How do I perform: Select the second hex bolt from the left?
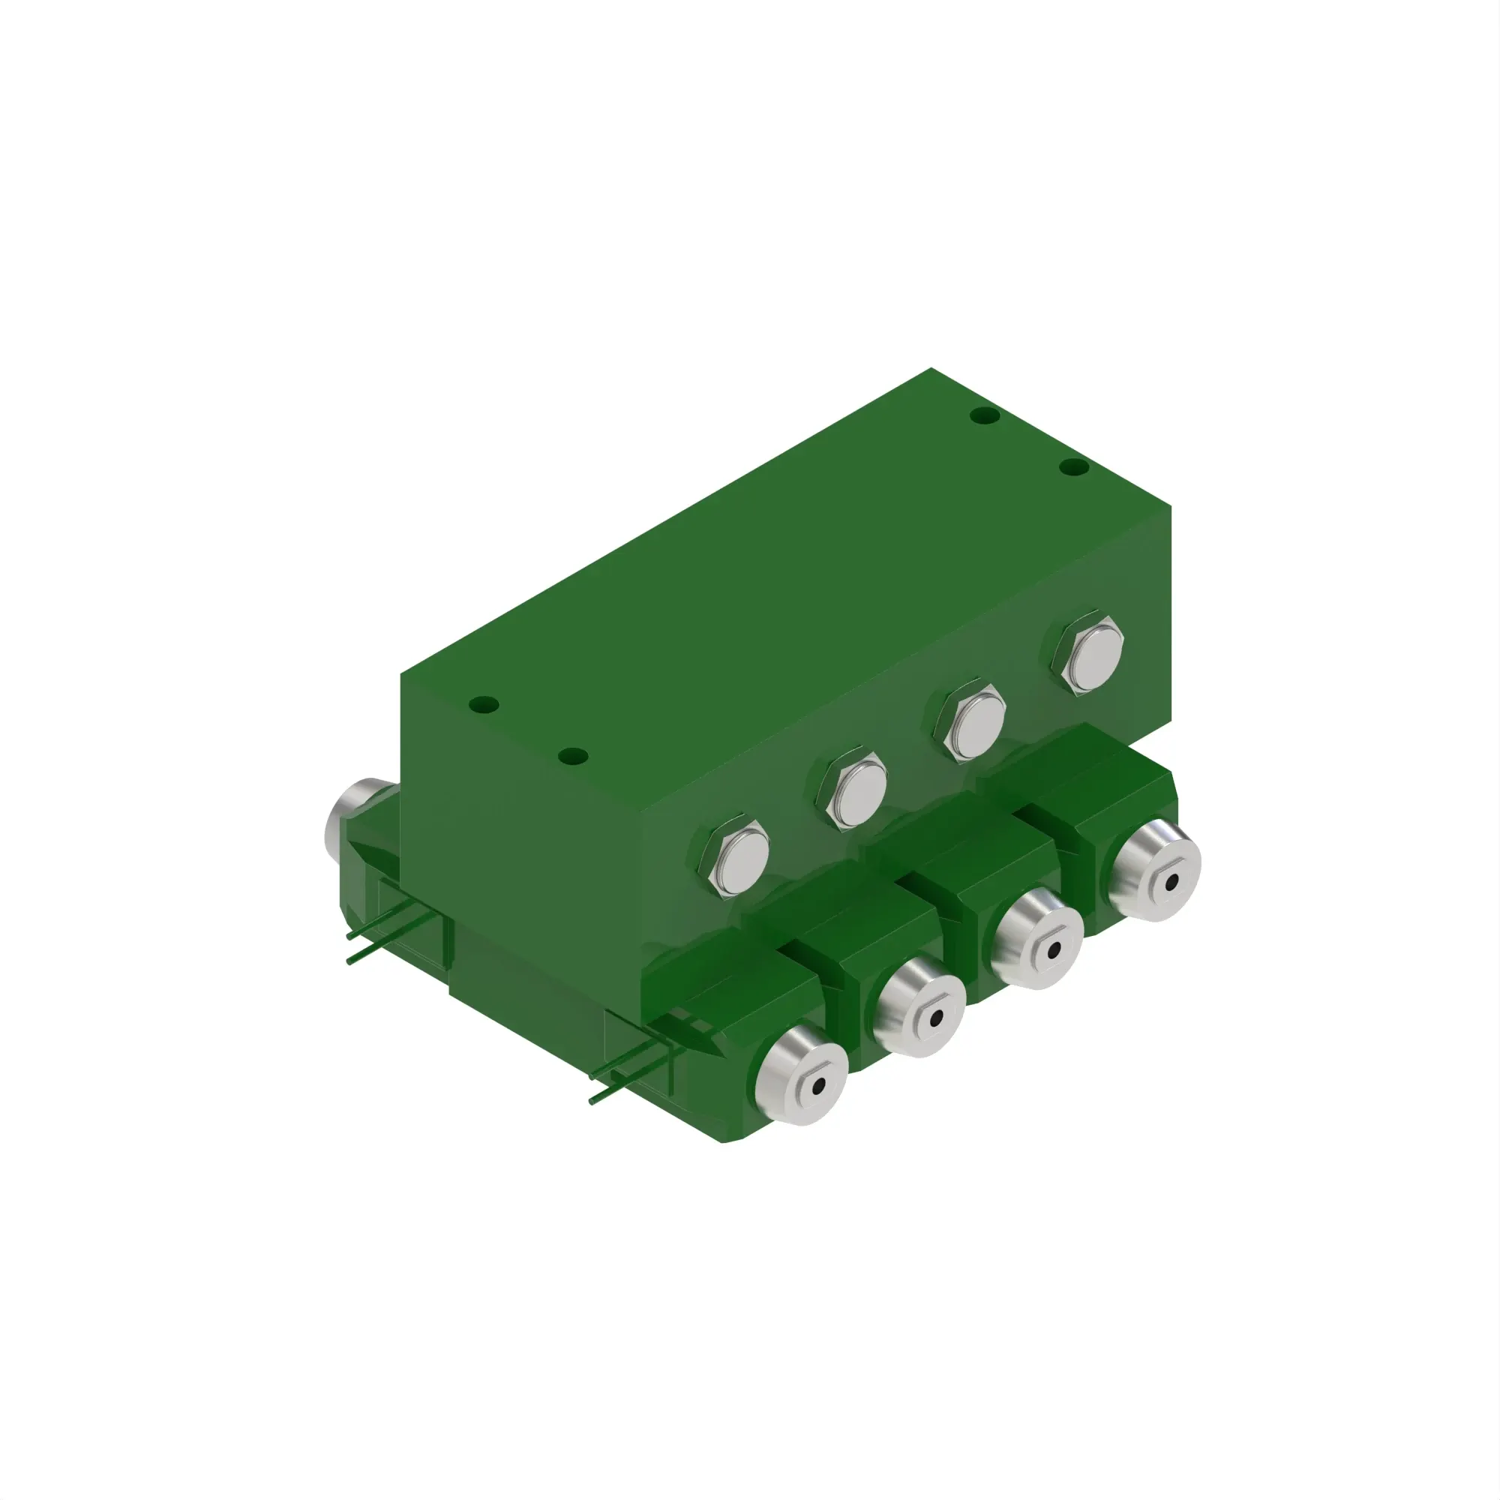click(x=852, y=791)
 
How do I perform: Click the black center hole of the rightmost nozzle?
click(x=1171, y=882)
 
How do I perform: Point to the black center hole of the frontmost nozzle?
click(x=817, y=1087)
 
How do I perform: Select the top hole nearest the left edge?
click(x=484, y=706)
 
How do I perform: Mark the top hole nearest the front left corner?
click(x=573, y=755)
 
